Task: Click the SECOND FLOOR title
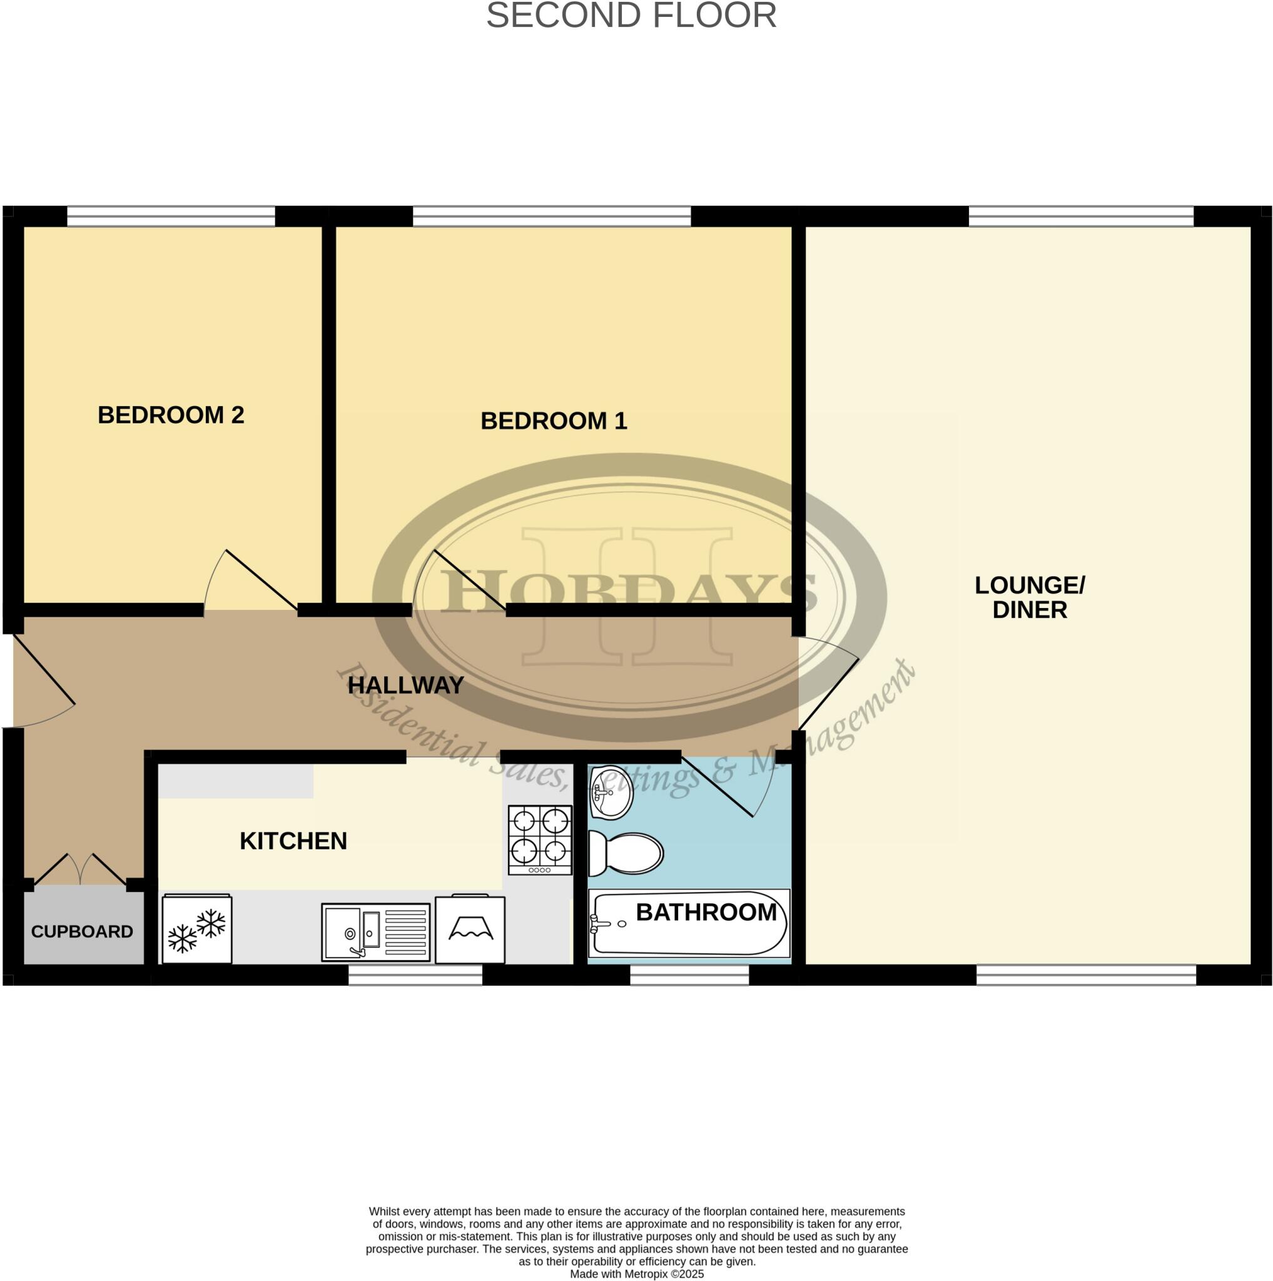pos(631,16)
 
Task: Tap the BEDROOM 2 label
pos(170,415)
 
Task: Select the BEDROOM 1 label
pos(553,421)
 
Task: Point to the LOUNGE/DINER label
pos(1029,597)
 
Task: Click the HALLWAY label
pos(405,686)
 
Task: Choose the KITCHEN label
pos(293,841)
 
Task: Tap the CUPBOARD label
pos(82,931)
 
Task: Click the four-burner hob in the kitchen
pos(540,840)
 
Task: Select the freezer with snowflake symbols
pos(197,929)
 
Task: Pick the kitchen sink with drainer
pos(375,931)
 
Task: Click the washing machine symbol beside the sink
pos(470,929)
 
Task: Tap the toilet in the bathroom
pos(626,853)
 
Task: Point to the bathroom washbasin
pos(611,792)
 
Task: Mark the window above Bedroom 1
pos(551,216)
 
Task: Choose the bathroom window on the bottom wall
pos(689,975)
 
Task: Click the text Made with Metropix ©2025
pos(637,1273)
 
